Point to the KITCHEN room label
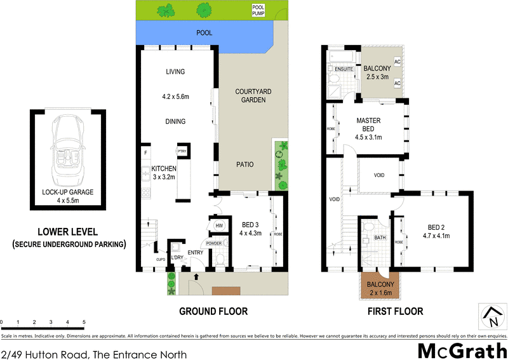point(163,168)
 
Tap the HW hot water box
point(219,225)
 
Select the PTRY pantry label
point(182,151)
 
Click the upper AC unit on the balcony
point(398,62)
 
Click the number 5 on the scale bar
point(84,323)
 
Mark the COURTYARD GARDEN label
point(253,96)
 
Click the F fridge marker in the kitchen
point(146,152)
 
